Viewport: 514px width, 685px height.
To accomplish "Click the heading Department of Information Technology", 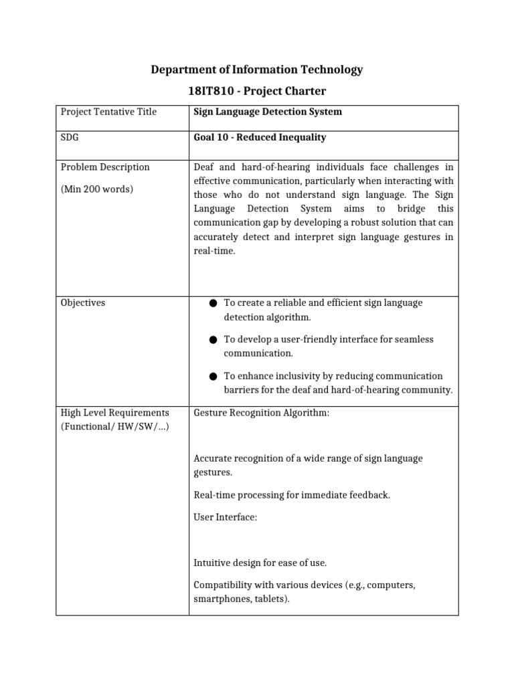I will point(257,70).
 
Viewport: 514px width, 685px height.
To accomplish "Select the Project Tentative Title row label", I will point(108,112).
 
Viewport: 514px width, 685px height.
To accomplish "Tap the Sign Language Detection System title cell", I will point(268,112).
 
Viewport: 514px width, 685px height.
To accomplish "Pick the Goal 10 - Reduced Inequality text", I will point(260,137).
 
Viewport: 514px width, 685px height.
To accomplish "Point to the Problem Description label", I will point(105,167).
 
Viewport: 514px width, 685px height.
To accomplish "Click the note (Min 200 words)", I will point(97,189).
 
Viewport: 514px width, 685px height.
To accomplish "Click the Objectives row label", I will point(83,303).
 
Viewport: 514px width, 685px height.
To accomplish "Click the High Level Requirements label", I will point(114,413).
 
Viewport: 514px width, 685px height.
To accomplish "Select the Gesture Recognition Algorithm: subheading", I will point(261,413).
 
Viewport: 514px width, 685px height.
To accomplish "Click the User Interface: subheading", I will point(225,518).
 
